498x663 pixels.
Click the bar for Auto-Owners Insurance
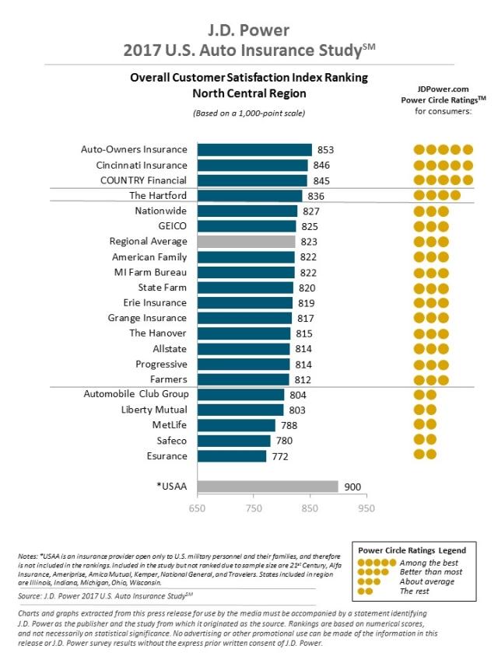(x=254, y=150)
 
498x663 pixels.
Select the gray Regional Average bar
(x=247, y=242)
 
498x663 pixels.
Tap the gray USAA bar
(x=268, y=487)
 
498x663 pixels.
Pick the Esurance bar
(x=232, y=456)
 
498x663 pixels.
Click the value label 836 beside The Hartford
(x=316, y=196)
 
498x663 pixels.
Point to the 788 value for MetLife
(x=289, y=425)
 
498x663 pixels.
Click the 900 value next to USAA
(x=352, y=487)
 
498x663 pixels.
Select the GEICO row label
(x=172, y=225)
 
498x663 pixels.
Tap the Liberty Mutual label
(x=154, y=410)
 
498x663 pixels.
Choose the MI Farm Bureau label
(x=150, y=272)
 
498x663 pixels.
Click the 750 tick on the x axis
(x=254, y=508)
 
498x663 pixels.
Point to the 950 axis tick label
(x=366, y=508)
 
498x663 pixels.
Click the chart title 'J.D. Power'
(x=248, y=30)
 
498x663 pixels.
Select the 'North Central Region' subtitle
(x=250, y=93)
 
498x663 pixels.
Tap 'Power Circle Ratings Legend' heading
(x=412, y=550)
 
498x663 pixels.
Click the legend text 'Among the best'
(x=429, y=563)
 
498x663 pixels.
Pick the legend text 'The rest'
(x=415, y=591)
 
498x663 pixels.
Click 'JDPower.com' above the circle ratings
(x=443, y=89)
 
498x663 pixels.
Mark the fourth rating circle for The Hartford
(x=456, y=195)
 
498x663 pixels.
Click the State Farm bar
(x=245, y=288)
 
